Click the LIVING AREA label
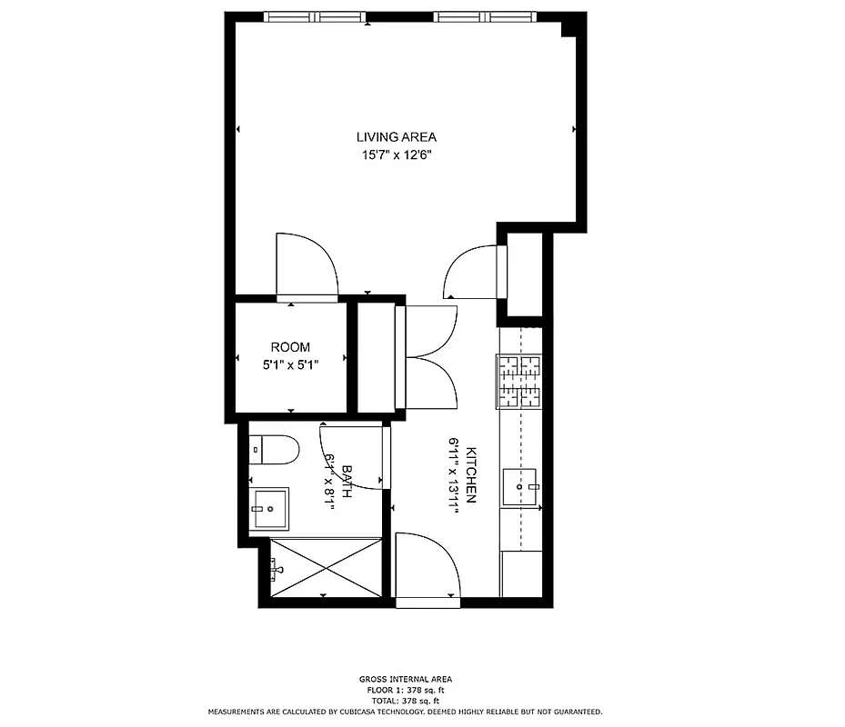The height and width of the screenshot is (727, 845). click(396, 137)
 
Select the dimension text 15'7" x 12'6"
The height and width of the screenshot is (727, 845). click(396, 155)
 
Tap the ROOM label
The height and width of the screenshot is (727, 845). click(290, 347)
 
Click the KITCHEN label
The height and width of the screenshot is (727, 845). click(471, 475)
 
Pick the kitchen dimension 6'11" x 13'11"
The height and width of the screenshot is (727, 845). click(453, 475)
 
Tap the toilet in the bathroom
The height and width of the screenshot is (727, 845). click(275, 448)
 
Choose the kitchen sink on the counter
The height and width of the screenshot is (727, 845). click(522, 487)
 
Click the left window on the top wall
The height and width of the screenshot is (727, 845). click(317, 17)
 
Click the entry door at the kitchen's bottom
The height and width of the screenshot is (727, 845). click(428, 570)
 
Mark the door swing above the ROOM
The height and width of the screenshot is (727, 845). click(307, 266)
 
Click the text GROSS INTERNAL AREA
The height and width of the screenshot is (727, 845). click(405, 679)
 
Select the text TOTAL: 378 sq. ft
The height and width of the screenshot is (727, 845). click(405, 701)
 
